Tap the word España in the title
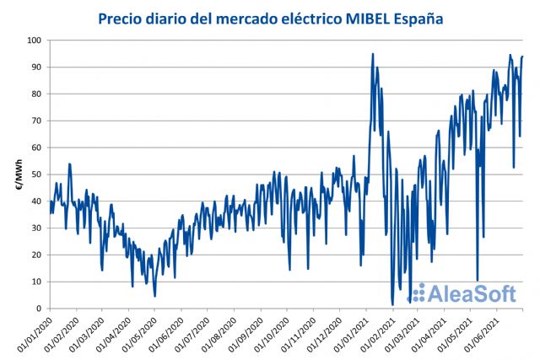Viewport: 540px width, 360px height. pyautogui.click(x=419, y=17)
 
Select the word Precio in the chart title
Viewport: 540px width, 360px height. pyautogui.click(x=122, y=17)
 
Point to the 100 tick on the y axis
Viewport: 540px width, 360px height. pyautogui.click(x=34, y=40)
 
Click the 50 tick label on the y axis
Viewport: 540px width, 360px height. pyautogui.click(x=36, y=175)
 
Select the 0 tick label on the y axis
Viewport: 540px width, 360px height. pyautogui.click(x=39, y=309)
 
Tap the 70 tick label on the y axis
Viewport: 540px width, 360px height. pyautogui.click(x=36, y=121)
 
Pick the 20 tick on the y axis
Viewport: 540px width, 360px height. pyautogui.click(x=36, y=255)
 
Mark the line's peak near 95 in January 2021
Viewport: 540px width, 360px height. pyautogui.click(x=373, y=54)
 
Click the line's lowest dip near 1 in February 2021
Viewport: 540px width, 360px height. pyautogui.click(x=392, y=304)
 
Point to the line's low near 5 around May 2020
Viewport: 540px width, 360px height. pyautogui.click(x=154, y=296)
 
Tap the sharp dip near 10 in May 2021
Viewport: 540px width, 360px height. pyautogui.click(x=478, y=281)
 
